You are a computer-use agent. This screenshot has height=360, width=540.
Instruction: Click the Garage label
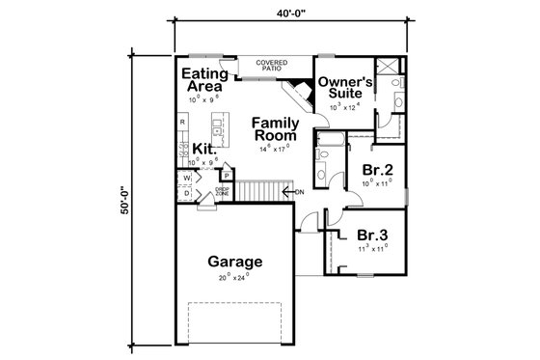tap(232, 262)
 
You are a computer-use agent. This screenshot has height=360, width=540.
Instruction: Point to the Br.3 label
tap(372, 235)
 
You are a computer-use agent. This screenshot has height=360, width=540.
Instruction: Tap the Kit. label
tap(203, 149)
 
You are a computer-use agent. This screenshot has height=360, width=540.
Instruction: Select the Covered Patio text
tap(271, 66)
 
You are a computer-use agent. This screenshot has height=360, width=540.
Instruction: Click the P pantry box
tap(224, 175)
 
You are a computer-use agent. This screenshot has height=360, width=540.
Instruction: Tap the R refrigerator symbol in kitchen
tap(181, 123)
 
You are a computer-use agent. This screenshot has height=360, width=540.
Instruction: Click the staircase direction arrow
tap(290, 191)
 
